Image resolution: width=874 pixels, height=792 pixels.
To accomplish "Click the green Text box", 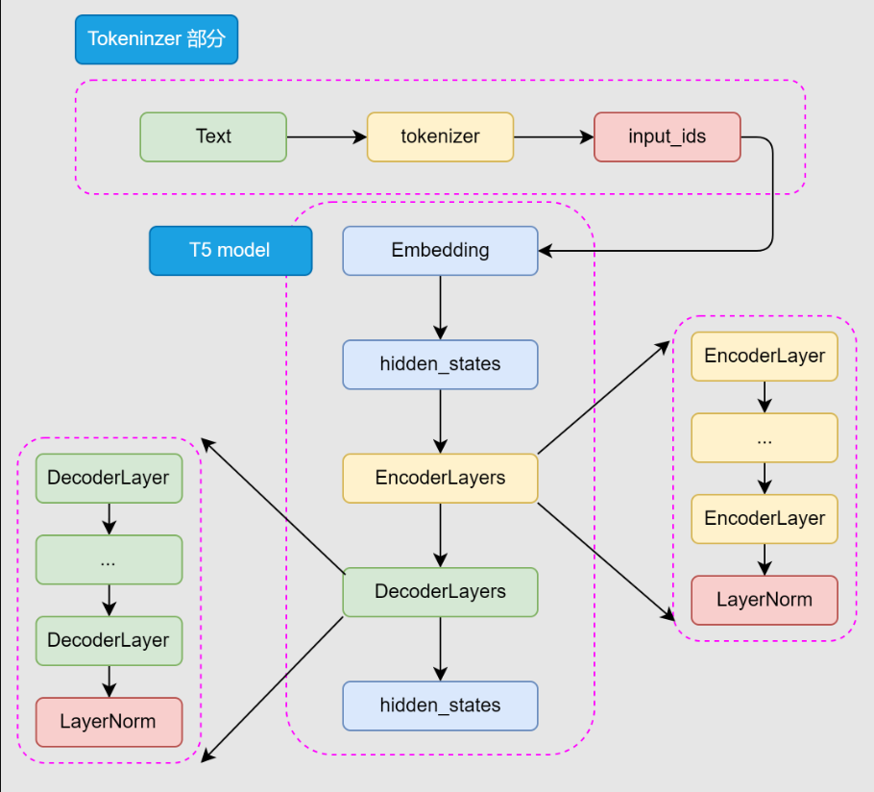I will click(213, 136).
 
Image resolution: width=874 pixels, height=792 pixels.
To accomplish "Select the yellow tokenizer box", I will click(440, 136).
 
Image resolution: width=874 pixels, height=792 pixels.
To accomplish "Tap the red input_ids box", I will click(667, 136).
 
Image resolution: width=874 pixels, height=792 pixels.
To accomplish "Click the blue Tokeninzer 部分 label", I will click(157, 39).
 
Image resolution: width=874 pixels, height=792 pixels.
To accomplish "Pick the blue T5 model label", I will click(231, 251).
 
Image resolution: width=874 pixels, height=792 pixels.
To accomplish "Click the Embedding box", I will click(440, 251).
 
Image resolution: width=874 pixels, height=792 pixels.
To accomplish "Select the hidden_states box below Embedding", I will click(440, 364).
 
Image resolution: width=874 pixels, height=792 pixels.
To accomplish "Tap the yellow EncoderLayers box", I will click(440, 478).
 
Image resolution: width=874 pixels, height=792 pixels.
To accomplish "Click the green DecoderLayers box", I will click(440, 592).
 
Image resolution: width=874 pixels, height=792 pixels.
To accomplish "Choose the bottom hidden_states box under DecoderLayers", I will click(440, 705).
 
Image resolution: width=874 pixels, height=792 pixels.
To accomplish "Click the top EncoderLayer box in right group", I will click(765, 357).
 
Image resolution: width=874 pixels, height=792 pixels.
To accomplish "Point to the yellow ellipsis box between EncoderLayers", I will click(765, 437).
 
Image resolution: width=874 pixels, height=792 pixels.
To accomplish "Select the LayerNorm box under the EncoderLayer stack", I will click(765, 600).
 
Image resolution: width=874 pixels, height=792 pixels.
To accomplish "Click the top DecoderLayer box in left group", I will click(109, 478).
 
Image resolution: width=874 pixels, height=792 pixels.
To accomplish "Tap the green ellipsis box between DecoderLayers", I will click(109, 559).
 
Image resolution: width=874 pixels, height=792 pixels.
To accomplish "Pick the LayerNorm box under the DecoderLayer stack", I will click(109, 722).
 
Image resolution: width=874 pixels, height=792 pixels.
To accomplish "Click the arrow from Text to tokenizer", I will click(327, 136).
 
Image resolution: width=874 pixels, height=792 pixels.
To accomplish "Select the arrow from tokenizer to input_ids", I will click(553, 136).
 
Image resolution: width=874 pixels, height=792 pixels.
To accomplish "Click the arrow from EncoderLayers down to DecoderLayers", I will click(440, 534).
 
